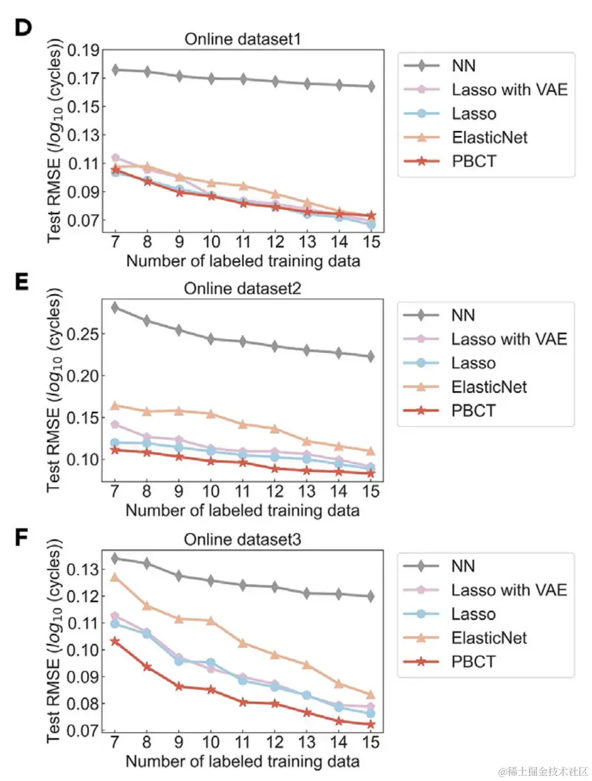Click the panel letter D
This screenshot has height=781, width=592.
pos(23,28)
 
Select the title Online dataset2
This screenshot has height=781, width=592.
pos(242,289)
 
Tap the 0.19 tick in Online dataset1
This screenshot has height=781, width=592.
pos(84,50)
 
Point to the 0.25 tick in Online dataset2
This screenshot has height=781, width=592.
pos(82,334)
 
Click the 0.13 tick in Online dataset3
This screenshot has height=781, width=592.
pos(82,569)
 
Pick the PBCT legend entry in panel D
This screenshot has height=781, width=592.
pos(473,161)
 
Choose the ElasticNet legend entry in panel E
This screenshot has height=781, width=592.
pos(489,387)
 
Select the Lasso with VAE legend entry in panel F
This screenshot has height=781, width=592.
pos(508,590)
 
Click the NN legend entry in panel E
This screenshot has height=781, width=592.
pos(463,315)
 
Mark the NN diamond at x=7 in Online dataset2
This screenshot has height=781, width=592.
pos(115,307)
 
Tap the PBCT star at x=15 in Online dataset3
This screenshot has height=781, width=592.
pos(371,724)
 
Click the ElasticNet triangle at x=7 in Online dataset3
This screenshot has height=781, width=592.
pos(115,577)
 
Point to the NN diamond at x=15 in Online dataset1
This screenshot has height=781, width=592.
pos(371,86)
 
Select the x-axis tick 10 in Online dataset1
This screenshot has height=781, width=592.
pos(211,242)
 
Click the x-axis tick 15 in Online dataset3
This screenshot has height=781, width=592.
pos(371,742)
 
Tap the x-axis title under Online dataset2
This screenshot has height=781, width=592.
pos(242,510)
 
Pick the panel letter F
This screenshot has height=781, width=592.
pos(21,537)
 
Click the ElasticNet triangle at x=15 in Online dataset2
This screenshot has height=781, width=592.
pos(371,451)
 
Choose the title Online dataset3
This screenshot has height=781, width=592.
pos(242,540)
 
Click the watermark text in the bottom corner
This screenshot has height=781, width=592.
pos(543,771)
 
